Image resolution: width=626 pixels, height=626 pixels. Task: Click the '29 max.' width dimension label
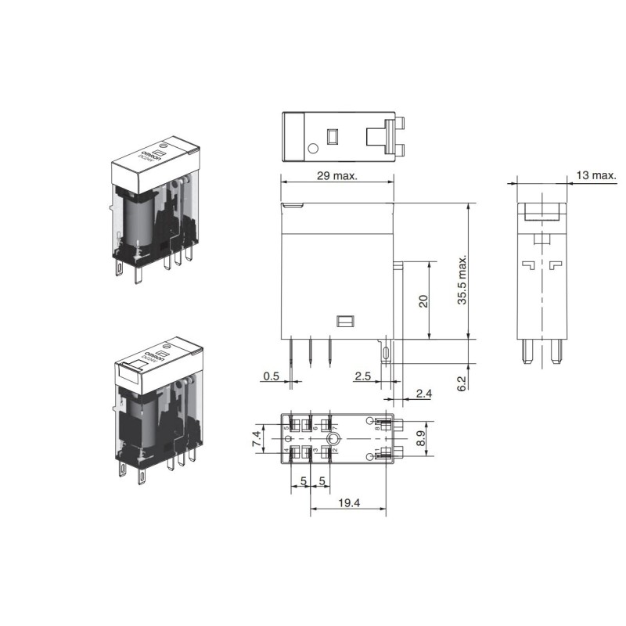tap(336, 176)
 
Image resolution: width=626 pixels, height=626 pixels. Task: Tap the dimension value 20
tap(423, 301)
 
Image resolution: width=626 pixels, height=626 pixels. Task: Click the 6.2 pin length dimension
tap(461, 383)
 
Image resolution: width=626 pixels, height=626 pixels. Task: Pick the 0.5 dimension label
tap(271, 376)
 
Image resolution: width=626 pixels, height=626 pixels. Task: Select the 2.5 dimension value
tap(362, 376)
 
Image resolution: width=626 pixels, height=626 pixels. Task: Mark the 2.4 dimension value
tap(423, 394)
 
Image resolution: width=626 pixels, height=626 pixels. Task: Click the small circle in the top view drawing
tap(313, 148)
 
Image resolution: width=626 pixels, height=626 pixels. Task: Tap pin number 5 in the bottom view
tap(286, 428)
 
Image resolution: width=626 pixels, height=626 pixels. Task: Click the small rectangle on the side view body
tap(344, 321)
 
